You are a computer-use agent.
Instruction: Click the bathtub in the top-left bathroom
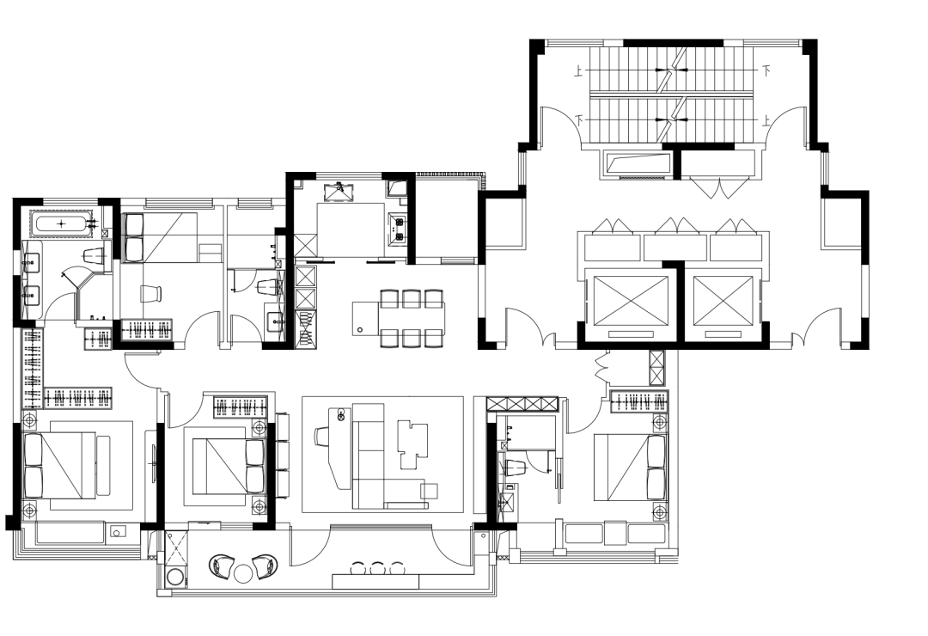pyautogui.click(x=64, y=224)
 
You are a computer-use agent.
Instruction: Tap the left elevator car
pyautogui.click(x=631, y=301)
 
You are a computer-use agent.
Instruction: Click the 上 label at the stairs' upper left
pyautogui.click(x=579, y=72)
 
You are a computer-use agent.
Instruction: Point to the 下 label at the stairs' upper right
pyautogui.click(x=766, y=71)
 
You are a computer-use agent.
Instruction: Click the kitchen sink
pyautogui.click(x=340, y=192)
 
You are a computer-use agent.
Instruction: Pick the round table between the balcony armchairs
pyautogui.click(x=243, y=573)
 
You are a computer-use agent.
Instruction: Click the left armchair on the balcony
pyautogui.click(x=222, y=566)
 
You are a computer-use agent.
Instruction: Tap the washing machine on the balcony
pyautogui.click(x=176, y=576)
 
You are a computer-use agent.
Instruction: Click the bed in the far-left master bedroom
pyautogui.click(x=60, y=465)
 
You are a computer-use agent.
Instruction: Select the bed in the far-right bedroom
pyautogui.click(x=631, y=468)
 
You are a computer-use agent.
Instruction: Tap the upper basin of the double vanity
pyautogui.click(x=32, y=260)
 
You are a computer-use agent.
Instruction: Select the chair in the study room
pyautogui.click(x=150, y=294)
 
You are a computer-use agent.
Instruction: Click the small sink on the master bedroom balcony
pyautogui.click(x=117, y=532)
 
